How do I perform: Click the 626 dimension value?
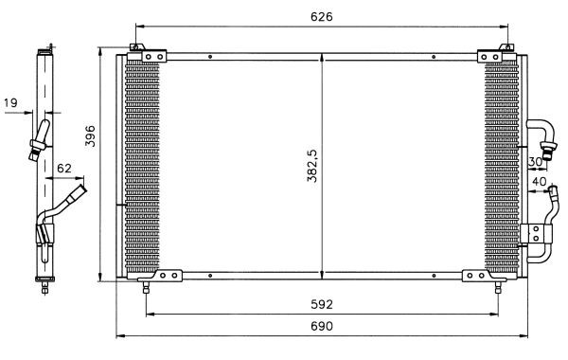pos(321,17)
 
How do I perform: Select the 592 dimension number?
pos(321,304)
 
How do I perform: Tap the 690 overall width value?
pos(321,326)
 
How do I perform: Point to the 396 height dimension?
pos(90,136)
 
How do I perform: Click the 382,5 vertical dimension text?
pos(311,166)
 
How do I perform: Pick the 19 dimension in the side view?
pos(10,103)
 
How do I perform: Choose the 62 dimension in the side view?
pos(64,169)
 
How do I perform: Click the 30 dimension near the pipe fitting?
pos(535,162)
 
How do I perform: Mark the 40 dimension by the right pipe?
pos(540,181)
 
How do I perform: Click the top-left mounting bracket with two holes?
pos(154,57)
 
